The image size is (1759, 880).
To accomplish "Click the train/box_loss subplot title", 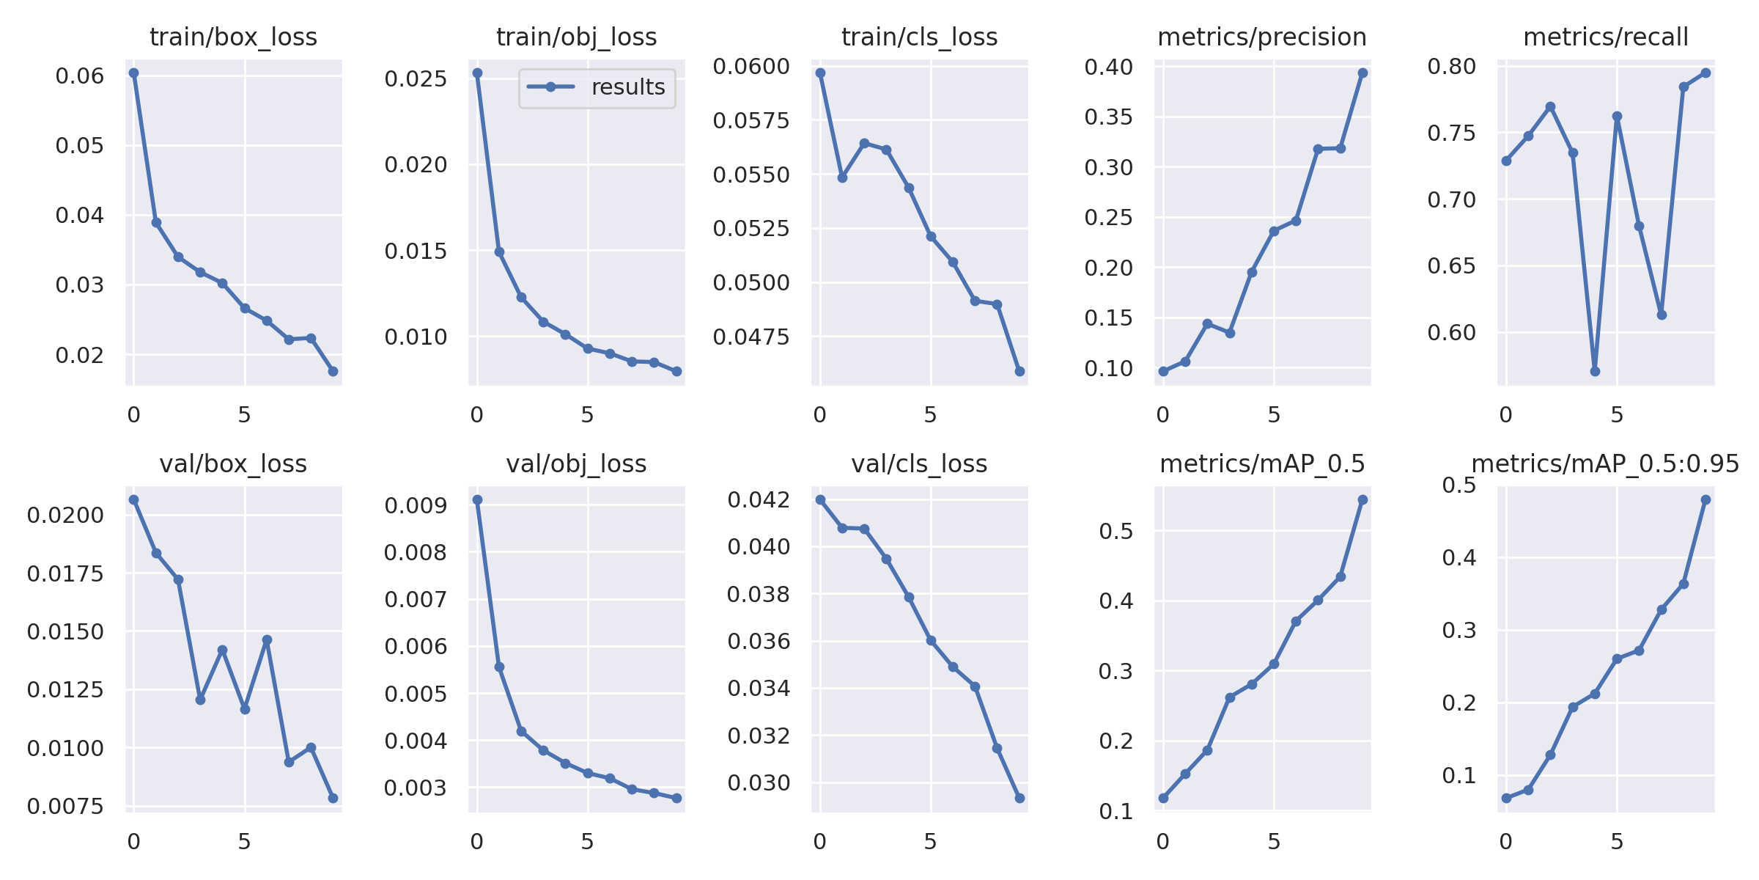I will pyautogui.click(x=233, y=37).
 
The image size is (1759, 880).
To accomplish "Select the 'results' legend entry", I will pyautogui.click(x=597, y=87).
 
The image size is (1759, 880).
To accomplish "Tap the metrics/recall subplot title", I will pyautogui.click(x=1605, y=37).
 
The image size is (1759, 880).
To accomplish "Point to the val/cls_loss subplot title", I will pyautogui.click(x=919, y=464).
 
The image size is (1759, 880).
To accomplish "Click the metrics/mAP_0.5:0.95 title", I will pyautogui.click(x=1605, y=464).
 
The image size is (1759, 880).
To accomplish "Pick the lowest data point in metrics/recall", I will pyautogui.click(x=1595, y=371).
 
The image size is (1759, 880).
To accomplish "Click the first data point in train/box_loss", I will pyautogui.click(x=133, y=73).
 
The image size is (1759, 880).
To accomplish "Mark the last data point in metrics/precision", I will pyautogui.click(x=1362, y=73).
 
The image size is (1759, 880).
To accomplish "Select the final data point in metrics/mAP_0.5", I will pyautogui.click(x=1362, y=500).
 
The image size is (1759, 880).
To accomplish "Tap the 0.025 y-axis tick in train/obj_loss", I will pyautogui.click(x=416, y=78).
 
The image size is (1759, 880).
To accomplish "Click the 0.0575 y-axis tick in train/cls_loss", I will pyautogui.click(x=751, y=120).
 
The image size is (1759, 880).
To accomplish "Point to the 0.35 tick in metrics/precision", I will pyautogui.click(x=1108, y=117).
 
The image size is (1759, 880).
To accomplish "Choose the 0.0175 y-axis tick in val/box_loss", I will pyautogui.click(x=65, y=573).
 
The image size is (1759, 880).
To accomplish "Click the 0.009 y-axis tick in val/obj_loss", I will pyautogui.click(x=416, y=506).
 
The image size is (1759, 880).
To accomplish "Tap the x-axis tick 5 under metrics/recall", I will pyautogui.click(x=1617, y=415).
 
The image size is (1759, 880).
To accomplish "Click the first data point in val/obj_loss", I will pyautogui.click(x=477, y=500).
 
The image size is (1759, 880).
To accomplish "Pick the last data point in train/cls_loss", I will pyautogui.click(x=1019, y=371).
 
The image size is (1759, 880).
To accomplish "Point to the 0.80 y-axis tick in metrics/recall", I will pyautogui.click(x=1451, y=67).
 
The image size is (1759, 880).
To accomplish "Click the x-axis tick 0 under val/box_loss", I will pyautogui.click(x=133, y=842).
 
